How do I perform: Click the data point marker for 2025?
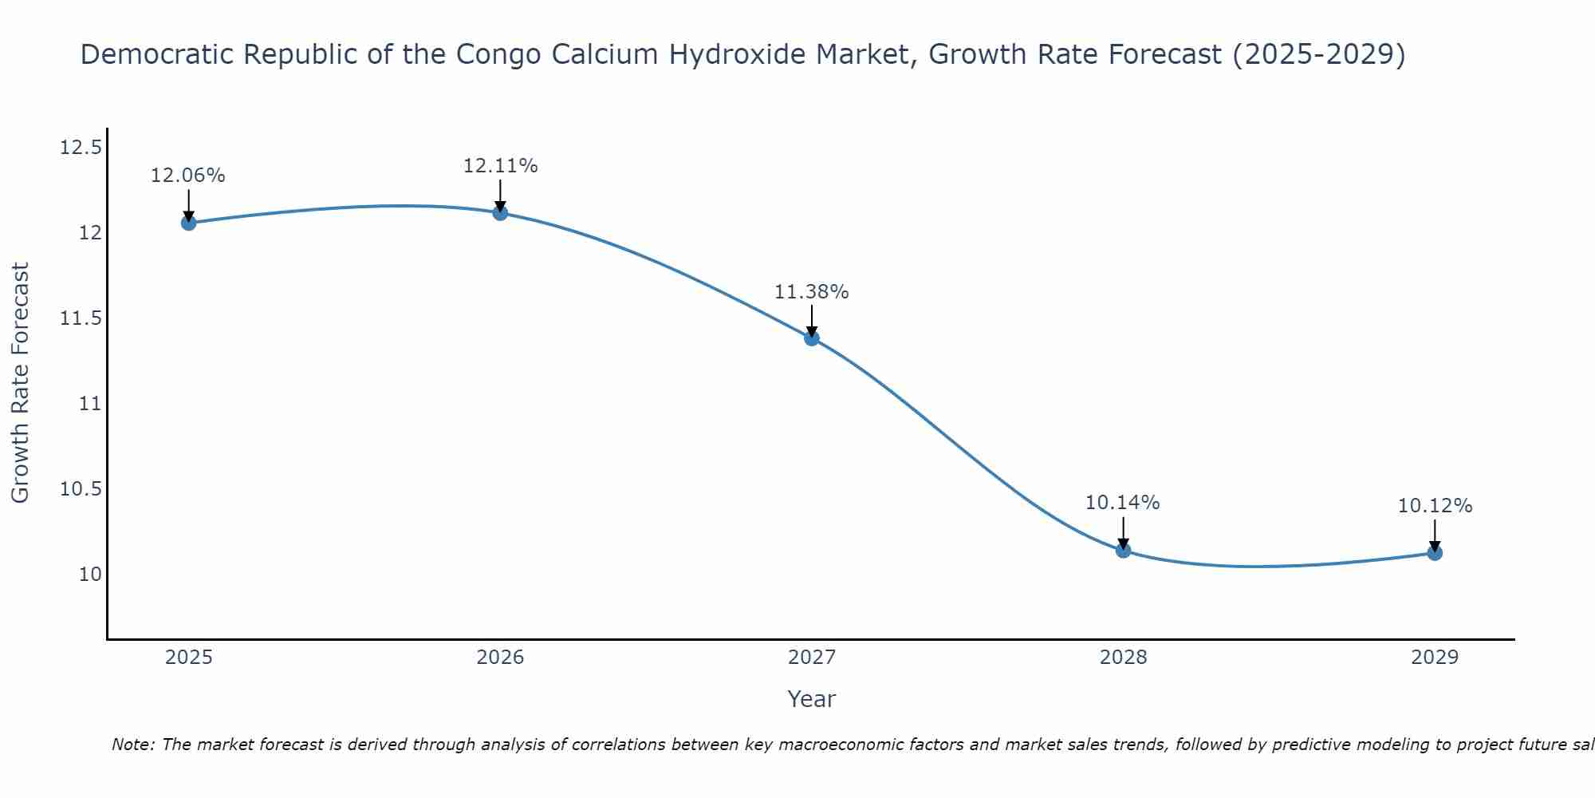coord(188,223)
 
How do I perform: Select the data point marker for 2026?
coord(500,212)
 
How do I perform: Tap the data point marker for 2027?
coord(812,338)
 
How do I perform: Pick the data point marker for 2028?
coord(1123,550)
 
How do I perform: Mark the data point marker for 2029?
coord(1435,552)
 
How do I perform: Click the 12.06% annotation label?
coord(188,176)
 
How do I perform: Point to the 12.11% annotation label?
coord(500,166)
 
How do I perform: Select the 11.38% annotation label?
coord(812,292)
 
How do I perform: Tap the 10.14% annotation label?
coord(1123,503)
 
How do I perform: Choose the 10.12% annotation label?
coord(1435,506)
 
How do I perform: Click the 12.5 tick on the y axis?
coord(81,148)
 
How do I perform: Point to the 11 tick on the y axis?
coord(91,404)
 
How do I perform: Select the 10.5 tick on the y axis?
coord(81,489)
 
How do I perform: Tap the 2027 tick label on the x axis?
coord(812,658)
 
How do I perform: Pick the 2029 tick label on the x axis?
coord(1435,658)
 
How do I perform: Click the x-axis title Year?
coord(812,699)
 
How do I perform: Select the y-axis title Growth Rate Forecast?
coord(20,383)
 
